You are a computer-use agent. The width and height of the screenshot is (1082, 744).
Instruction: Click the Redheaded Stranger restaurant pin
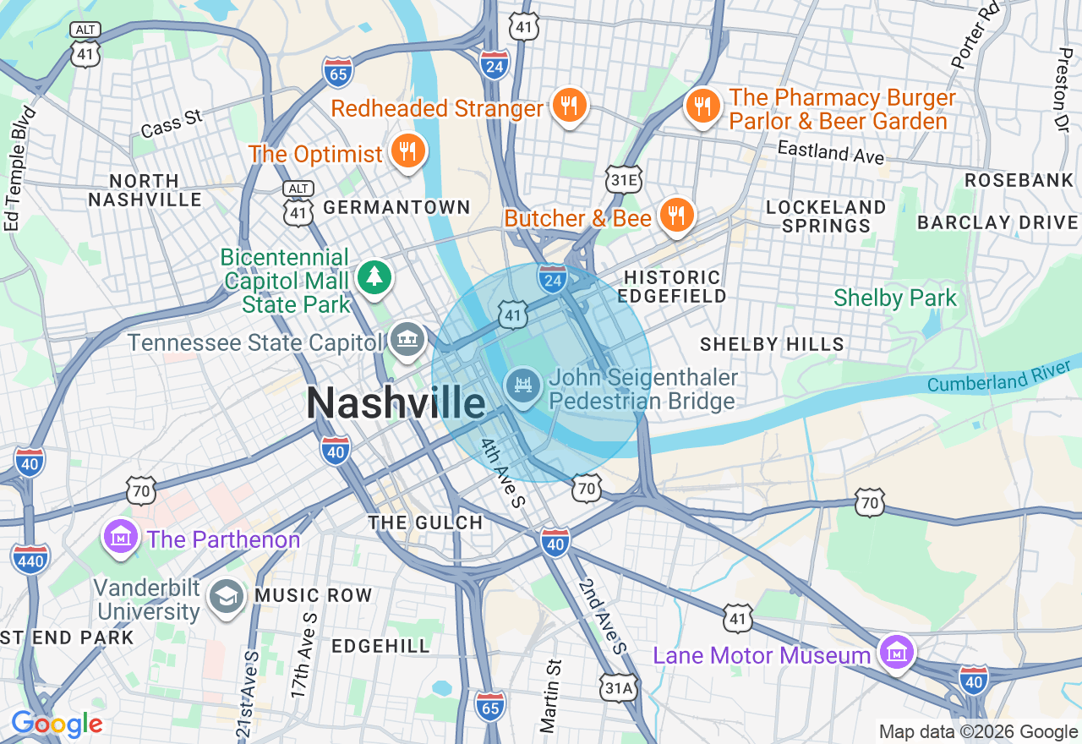point(569,107)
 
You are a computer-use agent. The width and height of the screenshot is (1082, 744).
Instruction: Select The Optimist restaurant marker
point(408,152)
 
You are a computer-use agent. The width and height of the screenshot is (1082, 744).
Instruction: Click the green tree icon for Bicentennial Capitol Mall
point(373,277)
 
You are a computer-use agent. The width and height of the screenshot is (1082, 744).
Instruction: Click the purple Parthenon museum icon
point(120,537)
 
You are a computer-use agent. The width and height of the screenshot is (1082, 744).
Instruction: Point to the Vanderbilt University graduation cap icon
point(226,597)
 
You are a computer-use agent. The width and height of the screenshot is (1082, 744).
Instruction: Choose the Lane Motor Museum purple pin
point(896,653)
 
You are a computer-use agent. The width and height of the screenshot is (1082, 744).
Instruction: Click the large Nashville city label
point(396,402)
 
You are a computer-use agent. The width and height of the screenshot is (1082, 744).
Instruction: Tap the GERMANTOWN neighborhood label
point(396,207)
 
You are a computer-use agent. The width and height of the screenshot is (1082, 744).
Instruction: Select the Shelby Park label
point(895,298)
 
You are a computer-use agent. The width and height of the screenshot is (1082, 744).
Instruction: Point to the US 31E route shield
point(624,180)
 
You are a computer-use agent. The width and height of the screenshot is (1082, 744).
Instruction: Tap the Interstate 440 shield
point(30,559)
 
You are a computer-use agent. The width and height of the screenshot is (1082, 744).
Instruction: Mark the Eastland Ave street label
point(830,152)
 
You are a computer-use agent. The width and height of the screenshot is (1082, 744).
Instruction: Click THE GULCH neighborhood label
point(425,522)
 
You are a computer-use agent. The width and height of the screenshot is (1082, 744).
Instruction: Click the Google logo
point(57,724)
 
